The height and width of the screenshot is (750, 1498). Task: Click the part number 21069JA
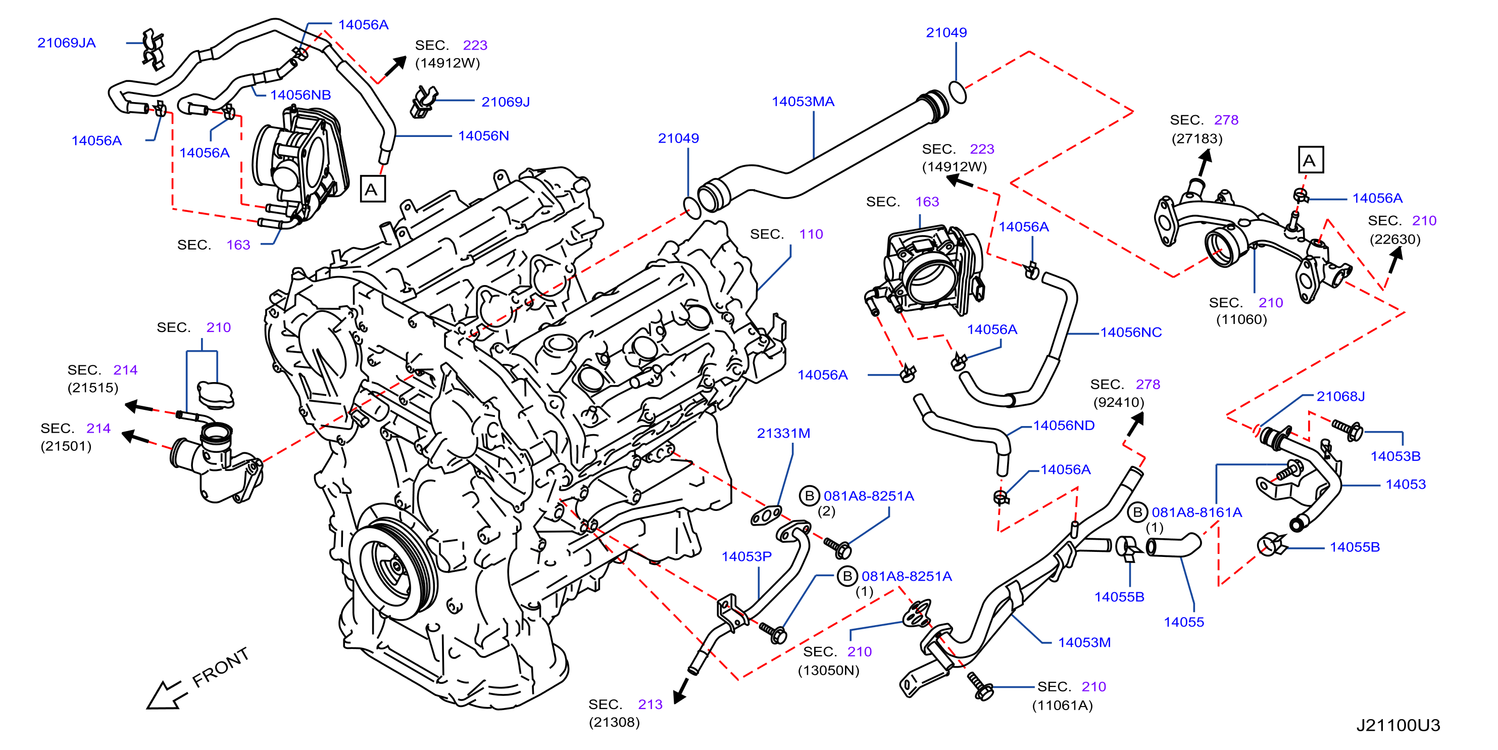tap(66, 42)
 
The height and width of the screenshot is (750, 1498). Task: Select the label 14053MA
tap(803, 101)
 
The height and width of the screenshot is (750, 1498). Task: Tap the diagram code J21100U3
tap(1398, 725)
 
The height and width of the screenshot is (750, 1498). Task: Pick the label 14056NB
tap(300, 95)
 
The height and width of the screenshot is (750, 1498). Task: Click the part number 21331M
tap(783, 433)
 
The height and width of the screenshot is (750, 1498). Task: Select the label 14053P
tap(746, 556)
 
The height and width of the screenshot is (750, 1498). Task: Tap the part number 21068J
tap(1340, 396)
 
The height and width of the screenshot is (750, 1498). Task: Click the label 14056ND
tap(1064, 426)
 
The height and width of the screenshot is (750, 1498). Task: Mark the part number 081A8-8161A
tap(1197, 512)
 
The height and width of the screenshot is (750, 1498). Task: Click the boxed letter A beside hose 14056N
tap(372, 189)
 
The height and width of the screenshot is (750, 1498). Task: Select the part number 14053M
tap(1084, 642)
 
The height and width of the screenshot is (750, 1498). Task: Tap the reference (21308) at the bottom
tap(614, 722)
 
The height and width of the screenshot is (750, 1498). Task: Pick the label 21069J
tap(506, 102)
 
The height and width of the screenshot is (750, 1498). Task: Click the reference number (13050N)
tap(828, 670)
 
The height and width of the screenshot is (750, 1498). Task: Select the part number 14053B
tap(1395, 456)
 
